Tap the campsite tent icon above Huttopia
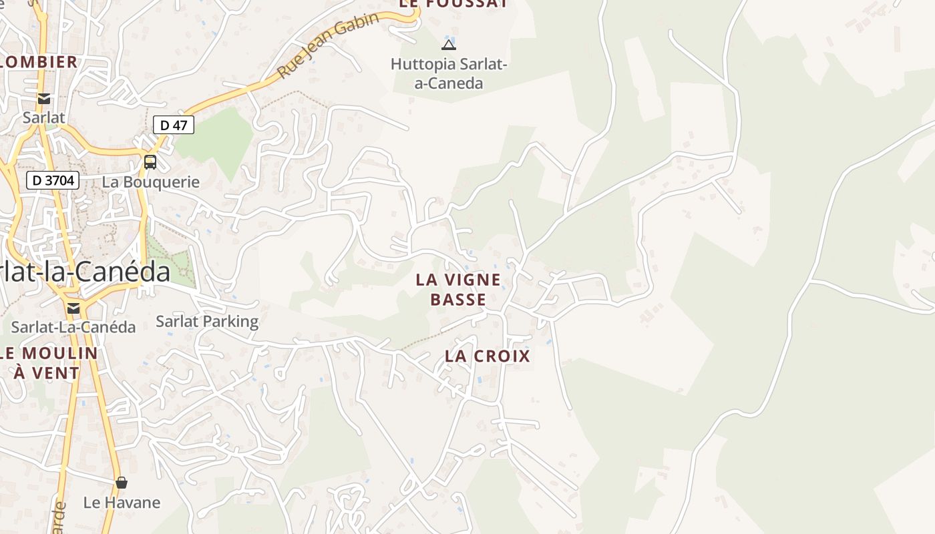449,45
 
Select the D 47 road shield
174,125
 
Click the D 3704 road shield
53,180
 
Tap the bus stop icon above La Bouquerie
150,162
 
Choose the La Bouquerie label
150,182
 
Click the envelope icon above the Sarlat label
44,99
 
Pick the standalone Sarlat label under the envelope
44,118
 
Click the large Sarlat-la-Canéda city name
83,272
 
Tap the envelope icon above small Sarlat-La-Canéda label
73,308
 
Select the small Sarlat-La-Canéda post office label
73,327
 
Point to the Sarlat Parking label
207,321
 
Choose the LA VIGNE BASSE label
458,289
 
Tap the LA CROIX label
488,356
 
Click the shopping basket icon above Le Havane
122,482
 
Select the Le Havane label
122,503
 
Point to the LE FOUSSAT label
453,4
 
